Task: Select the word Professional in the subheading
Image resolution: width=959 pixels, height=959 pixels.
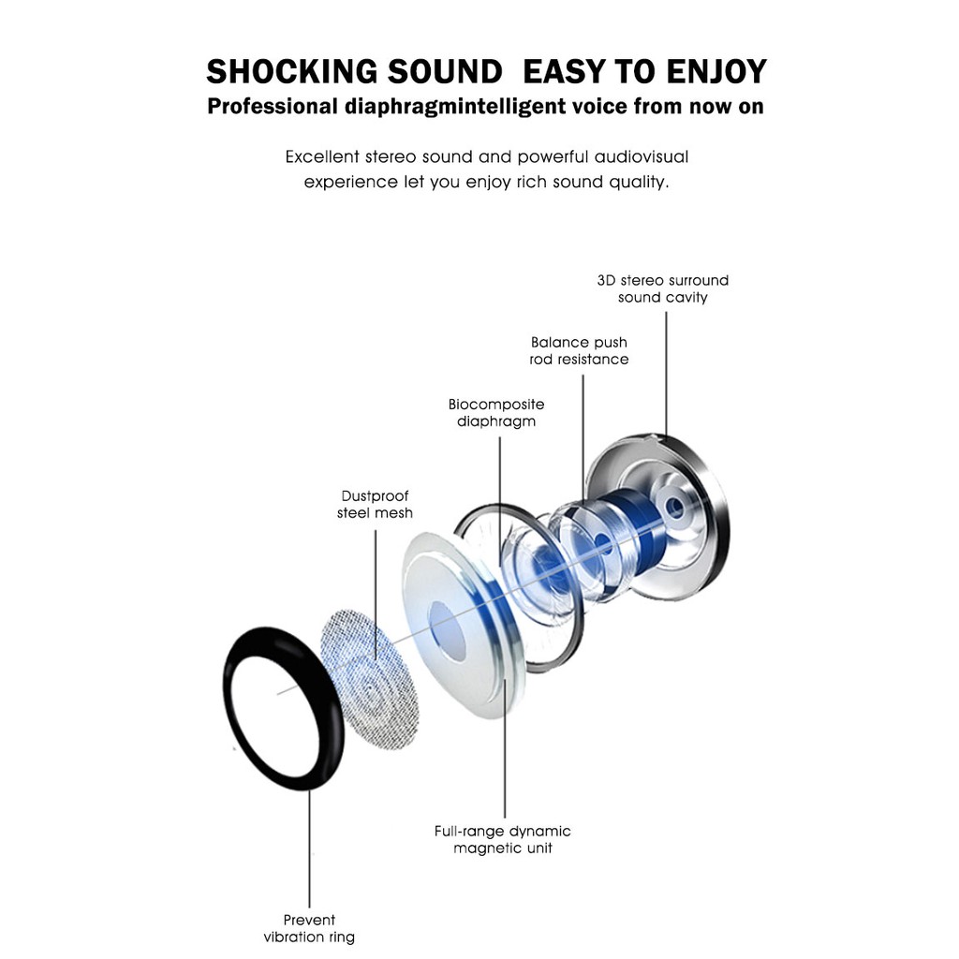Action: (x=273, y=107)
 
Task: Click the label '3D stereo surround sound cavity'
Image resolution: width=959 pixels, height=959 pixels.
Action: (x=663, y=288)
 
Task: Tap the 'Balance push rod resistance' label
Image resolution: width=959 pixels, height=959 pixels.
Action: (x=579, y=350)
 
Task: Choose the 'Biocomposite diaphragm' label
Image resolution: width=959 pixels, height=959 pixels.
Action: (x=496, y=413)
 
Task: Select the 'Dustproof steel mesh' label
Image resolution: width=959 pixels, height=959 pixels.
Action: (x=375, y=505)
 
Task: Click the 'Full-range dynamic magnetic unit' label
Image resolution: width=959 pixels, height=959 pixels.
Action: (x=503, y=840)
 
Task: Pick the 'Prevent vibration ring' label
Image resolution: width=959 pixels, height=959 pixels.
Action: (x=309, y=928)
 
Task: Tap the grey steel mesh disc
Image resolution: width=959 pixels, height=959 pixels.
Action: (x=369, y=680)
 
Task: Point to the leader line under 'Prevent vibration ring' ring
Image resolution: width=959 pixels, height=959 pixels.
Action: (x=309, y=848)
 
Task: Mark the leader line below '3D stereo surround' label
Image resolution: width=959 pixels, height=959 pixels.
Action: (x=666, y=375)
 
